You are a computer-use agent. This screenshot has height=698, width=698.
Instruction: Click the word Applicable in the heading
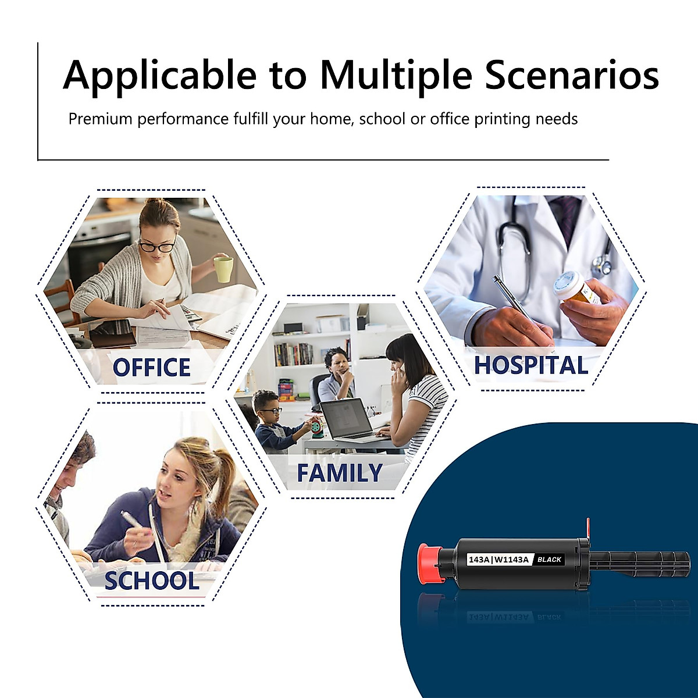(160, 76)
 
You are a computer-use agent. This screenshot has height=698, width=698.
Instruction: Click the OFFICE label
(152, 367)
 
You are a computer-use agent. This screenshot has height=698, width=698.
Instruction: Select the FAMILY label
(340, 472)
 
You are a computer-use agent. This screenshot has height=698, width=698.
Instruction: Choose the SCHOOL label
(152, 581)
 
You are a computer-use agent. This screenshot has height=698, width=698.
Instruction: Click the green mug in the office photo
(223, 269)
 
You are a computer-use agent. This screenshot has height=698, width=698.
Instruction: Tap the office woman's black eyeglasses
(157, 246)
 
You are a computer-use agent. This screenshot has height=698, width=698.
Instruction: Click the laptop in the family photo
(348, 420)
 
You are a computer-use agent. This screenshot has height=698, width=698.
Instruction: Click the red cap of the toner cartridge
(430, 564)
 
